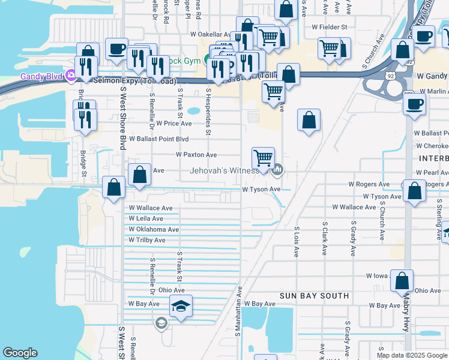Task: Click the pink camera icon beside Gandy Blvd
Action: [x=71, y=76]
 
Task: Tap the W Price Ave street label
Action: [x=174, y=124]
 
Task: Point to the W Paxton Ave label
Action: [x=196, y=155]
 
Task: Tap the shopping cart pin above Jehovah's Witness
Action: [x=263, y=159]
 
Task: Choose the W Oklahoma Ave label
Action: [x=154, y=230]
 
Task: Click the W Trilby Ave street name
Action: [x=147, y=241]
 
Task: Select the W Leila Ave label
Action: [x=146, y=219]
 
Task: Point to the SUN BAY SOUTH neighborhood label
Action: [x=315, y=296]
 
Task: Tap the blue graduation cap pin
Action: [x=181, y=307]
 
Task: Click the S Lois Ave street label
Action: [x=297, y=242]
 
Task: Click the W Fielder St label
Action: [x=330, y=27]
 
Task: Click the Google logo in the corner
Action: [x=20, y=353]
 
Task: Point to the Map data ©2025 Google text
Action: [x=411, y=355]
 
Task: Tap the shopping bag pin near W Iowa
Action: [x=402, y=281]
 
